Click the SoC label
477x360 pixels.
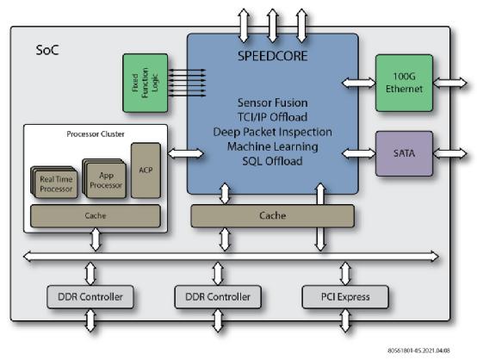[47, 50]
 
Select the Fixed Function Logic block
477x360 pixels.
[146, 83]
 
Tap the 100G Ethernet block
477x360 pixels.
[404, 83]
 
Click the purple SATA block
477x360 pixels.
[404, 153]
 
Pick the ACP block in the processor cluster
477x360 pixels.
[146, 171]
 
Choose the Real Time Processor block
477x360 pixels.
[56, 183]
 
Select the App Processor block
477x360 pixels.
[105, 179]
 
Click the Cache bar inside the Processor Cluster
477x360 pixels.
[96, 216]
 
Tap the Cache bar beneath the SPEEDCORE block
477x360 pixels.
[272, 216]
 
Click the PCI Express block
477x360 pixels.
[345, 297]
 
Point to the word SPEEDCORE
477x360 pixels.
[272, 56]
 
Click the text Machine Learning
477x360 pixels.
[273, 146]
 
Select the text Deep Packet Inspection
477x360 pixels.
[272, 132]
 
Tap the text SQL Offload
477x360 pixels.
[272, 161]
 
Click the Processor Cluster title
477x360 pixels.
[96, 133]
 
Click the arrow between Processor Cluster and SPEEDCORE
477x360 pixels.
[186, 153]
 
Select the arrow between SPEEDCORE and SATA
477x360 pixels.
[359, 153]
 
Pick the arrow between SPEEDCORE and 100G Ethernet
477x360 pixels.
[359, 83]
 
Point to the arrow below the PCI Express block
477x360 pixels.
[345, 320]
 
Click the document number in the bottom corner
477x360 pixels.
[418, 351]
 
